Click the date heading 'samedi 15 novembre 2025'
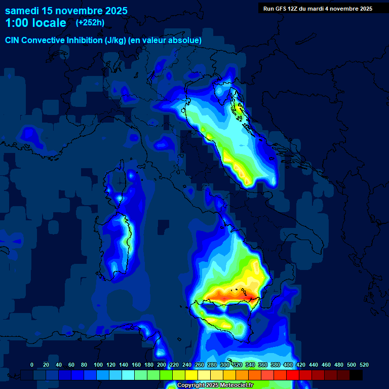click(66, 11)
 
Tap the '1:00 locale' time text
click(35, 23)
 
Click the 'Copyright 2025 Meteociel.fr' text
click(215, 385)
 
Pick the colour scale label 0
click(32, 365)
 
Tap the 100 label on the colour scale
click(98, 365)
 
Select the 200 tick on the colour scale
click(162, 365)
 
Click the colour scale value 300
click(225, 365)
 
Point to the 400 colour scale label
click(288, 365)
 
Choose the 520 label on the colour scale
click(364, 365)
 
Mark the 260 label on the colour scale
click(200, 365)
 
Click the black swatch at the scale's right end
click(356, 375)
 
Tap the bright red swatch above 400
click(293, 375)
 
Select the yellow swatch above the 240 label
click(191, 375)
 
